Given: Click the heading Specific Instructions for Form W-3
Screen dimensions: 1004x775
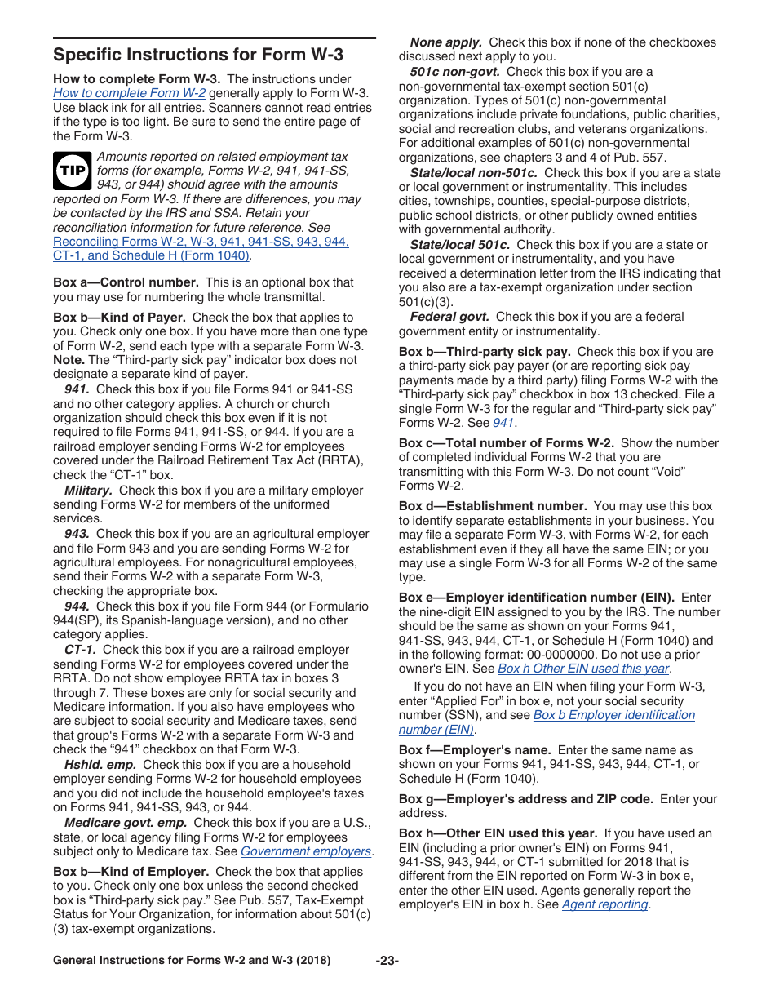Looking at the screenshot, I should click(198, 56).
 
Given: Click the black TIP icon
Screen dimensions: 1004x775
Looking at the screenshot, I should click(72, 171).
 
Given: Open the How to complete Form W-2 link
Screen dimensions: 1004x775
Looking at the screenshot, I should click(129, 93).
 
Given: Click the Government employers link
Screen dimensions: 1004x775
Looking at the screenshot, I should click(306, 851).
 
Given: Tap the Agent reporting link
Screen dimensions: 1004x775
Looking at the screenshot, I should click(605, 904).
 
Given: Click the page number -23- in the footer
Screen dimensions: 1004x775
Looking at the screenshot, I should click(387, 961).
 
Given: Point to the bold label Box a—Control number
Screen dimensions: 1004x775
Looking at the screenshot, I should click(126, 282).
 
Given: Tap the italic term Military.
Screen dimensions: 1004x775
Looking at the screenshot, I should click(88, 491).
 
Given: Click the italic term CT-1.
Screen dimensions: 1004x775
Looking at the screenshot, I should click(81, 650).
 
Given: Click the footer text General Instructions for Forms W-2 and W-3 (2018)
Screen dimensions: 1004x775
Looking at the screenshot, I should click(192, 961).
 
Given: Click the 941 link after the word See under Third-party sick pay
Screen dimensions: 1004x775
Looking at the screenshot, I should click(503, 423).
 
